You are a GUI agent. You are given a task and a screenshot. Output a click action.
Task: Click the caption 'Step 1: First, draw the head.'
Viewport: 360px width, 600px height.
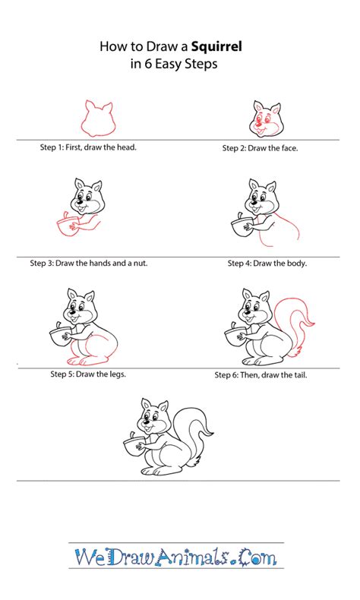pos(87,147)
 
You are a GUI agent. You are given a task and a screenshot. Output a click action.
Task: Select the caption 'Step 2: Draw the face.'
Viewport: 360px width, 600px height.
pos(260,148)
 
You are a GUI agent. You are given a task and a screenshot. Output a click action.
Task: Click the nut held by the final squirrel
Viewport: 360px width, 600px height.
pos(135,445)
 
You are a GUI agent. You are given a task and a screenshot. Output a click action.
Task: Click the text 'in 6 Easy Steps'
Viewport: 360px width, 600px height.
pos(173,65)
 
